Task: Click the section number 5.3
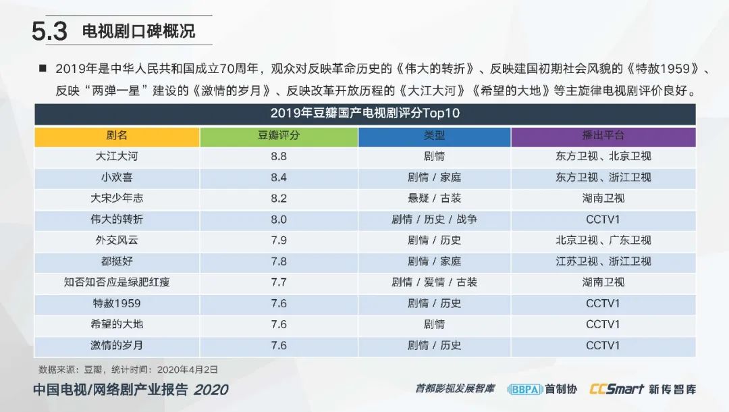point(50,32)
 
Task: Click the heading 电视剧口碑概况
point(138,31)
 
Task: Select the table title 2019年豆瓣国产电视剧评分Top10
point(364,113)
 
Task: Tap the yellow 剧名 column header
point(117,136)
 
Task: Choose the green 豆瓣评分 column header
point(279,136)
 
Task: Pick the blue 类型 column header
point(434,136)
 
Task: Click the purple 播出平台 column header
point(603,136)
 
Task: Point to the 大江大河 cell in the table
point(117,157)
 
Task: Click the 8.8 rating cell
point(279,157)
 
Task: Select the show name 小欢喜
point(117,178)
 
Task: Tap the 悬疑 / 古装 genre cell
point(434,199)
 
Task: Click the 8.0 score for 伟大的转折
point(279,220)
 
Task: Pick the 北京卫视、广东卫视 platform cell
point(603,240)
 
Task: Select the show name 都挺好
point(117,261)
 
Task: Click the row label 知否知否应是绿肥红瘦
point(117,282)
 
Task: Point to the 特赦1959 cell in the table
point(117,303)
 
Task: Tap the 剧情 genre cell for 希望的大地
point(434,324)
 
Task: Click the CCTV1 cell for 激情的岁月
point(603,345)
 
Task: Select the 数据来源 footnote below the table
point(128,369)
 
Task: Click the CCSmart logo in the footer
point(616,389)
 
